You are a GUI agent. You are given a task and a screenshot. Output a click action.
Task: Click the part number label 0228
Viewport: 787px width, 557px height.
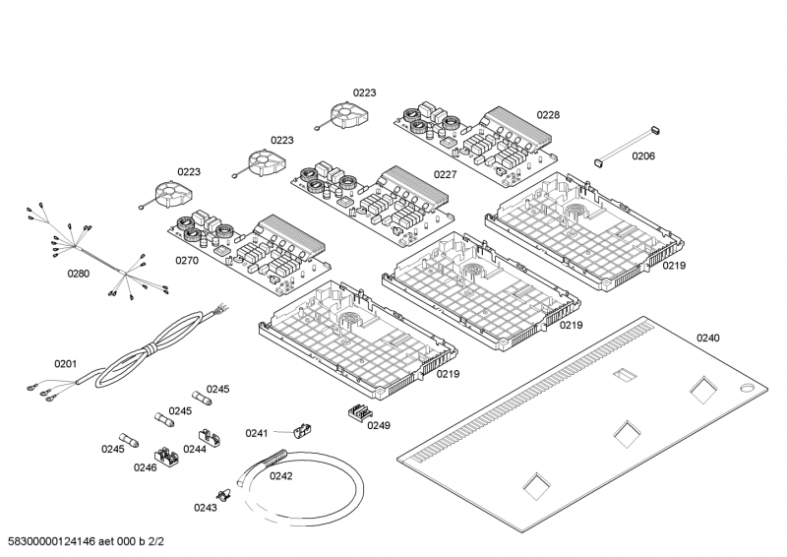pyautogui.click(x=548, y=115)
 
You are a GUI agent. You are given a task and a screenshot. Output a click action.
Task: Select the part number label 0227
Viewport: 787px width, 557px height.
pyautogui.click(x=446, y=175)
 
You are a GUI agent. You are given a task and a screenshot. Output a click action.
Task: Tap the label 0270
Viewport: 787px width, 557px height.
pyautogui.click(x=187, y=262)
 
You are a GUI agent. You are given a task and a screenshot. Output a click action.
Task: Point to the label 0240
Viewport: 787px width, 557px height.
pyautogui.click(x=708, y=339)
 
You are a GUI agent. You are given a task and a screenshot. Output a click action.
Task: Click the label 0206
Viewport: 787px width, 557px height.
pyautogui.click(x=643, y=156)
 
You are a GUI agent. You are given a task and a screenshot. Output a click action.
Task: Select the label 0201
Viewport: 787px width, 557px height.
pyautogui.click(x=65, y=364)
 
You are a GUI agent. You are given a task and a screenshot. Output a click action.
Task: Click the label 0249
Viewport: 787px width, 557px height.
pyautogui.click(x=379, y=425)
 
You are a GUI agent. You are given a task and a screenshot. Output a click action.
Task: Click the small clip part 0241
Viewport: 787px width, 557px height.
pyautogui.click(x=302, y=429)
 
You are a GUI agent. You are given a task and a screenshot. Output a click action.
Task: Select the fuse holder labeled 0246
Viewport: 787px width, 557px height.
pyautogui.click(x=166, y=457)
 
